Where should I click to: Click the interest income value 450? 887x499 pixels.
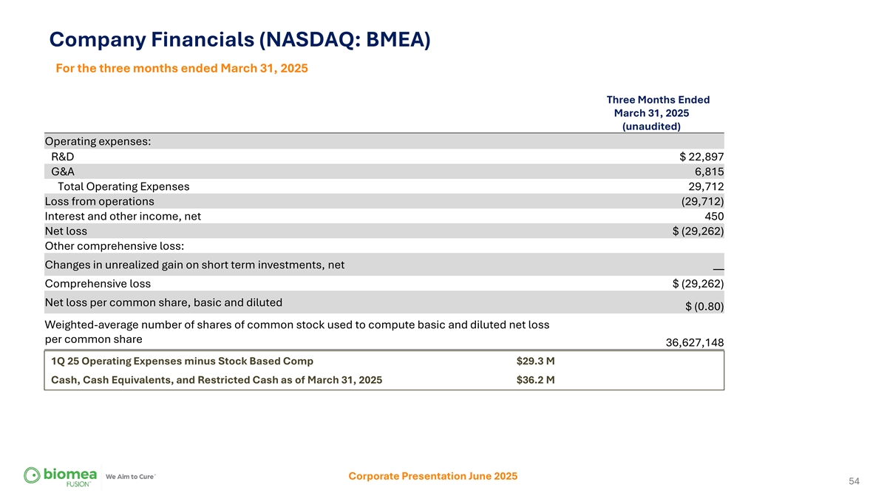point(714,216)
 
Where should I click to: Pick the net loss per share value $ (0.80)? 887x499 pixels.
point(704,307)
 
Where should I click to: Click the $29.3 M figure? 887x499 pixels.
point(535,361)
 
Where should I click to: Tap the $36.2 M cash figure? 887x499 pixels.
point(535,380)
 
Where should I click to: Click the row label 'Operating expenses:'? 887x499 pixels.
point(98,141)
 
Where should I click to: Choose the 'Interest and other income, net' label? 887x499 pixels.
point(123,216)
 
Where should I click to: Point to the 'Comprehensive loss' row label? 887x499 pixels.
point(98,283)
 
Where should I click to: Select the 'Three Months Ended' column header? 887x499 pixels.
point(658,100)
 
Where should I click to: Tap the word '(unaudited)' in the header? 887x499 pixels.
point(651,126)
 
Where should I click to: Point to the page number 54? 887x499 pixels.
point(854,481)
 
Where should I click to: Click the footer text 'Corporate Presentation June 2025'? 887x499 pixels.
point(432,476)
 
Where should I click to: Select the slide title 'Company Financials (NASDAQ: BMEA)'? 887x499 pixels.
point(239,39)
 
